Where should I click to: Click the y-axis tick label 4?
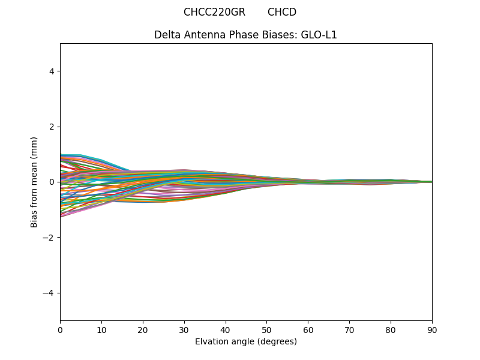52,71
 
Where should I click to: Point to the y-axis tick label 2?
52,127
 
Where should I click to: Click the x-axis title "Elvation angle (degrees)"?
246,342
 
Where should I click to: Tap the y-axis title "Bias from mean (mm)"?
35,182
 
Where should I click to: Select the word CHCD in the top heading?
282,12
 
